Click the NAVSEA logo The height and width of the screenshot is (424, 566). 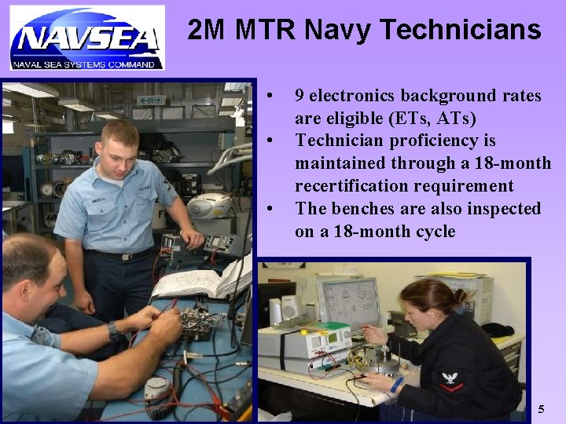(86, 38)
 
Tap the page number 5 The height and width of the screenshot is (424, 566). (540, 409)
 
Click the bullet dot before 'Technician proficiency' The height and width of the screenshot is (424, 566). (270, 141)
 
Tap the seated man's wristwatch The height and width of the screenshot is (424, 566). (115, 331)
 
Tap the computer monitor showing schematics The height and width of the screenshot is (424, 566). (347, 302)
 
